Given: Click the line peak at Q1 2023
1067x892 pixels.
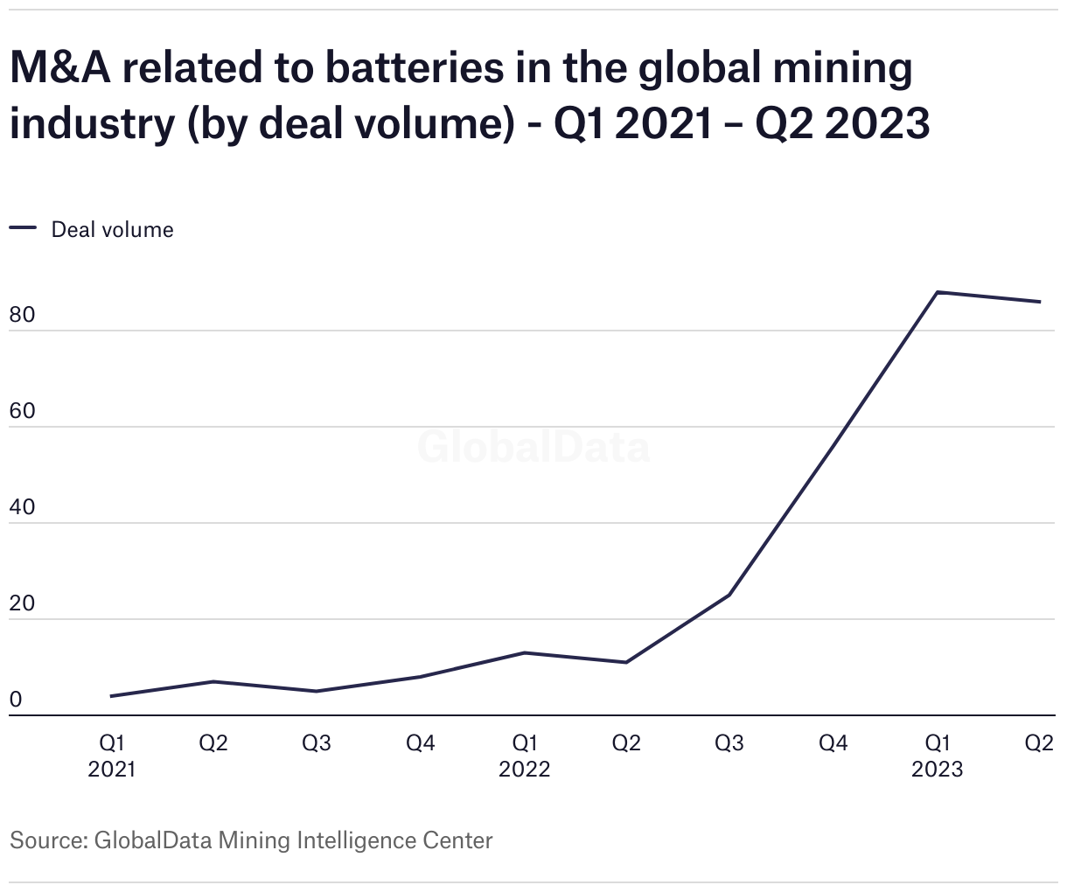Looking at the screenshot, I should click(x=937, y=292).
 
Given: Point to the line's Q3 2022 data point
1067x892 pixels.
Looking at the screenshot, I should click(x=729, y=596).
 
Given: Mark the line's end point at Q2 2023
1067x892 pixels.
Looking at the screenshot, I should click(x=1040, y=302).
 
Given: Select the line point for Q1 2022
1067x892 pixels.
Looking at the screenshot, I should click(x=524, y=652).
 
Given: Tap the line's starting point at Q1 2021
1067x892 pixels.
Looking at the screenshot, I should click(x=111, y=696).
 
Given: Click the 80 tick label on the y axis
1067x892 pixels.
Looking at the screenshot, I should click(x=22, y=315).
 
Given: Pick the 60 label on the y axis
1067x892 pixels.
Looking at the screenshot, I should click(x=22, y=411).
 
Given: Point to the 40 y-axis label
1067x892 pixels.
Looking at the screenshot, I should click(x=22, y=507).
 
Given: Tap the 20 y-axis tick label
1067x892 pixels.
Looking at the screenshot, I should click(x=22, y=603).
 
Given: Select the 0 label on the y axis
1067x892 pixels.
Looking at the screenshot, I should click(x=16, y=700).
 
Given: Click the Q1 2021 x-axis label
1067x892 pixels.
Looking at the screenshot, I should click(x=112, y=756).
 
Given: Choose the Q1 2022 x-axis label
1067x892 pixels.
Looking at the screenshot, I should click(x=525, y=756).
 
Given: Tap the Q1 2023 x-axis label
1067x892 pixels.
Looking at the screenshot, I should click(x=938, y=756).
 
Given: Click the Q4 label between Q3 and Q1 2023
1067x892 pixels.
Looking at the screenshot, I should click(x=833, y=743).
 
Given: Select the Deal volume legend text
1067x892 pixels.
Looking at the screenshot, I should click(x=113, y=229).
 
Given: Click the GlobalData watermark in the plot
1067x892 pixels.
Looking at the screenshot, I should click(x=533, y=447).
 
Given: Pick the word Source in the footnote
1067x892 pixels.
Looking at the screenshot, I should click(x=45, y=840).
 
